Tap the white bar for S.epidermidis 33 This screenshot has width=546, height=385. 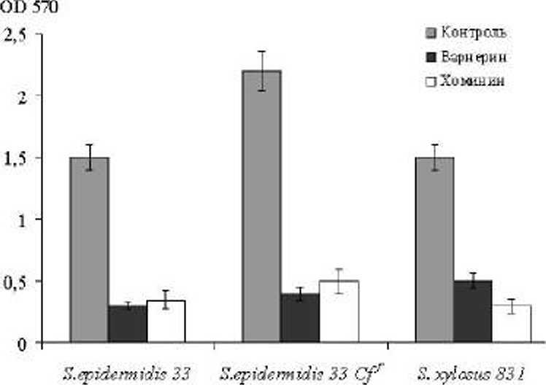point(166,321)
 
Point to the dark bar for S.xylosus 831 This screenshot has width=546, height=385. point(473,311)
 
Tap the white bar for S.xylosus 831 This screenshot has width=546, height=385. point(512,324)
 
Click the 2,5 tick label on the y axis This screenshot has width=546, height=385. point(15,34)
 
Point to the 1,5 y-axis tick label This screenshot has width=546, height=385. point(15,157)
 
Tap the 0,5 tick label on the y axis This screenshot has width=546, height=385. point(15,281)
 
